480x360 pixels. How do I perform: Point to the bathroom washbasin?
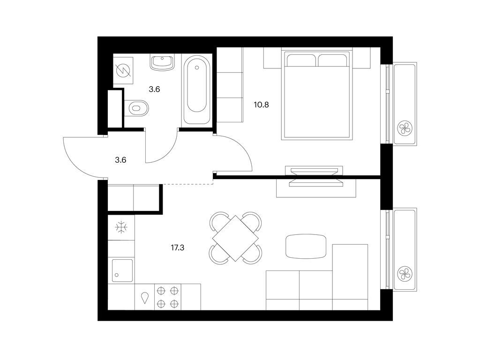[162, 62]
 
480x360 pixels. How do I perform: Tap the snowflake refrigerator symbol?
[121, 228]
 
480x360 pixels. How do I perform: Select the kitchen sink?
[121, 270]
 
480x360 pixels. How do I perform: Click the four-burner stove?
[168, 297]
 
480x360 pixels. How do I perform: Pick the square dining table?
[235, 237]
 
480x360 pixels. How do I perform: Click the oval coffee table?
[306, 246]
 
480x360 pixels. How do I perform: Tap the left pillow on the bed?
[301, 60]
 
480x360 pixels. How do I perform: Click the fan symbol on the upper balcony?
[404, 127]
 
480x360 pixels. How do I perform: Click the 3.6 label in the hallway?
[121, 160]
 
